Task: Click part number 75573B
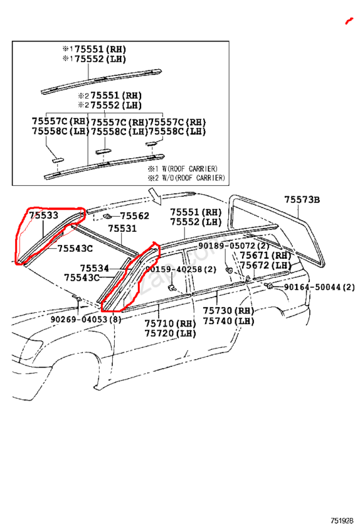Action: tap(302, 200)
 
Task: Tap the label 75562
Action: tap(135, 216)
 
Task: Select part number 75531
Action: tap(122, 229)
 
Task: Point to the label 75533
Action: tap(44, 215)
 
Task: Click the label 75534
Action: tap(94, 268)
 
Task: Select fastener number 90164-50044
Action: tap(313, 287)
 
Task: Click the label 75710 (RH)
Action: tap(170, 323)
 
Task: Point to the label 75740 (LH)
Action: tap(228, 321)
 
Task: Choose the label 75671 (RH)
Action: tap(266, 256)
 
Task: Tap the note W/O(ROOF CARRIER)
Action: tap(193, 177)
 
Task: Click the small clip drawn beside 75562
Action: tap(107, 216)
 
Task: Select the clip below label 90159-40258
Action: tap(172, 287)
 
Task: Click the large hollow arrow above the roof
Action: tap(155, 196)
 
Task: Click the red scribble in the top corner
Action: tap(349, 21)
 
